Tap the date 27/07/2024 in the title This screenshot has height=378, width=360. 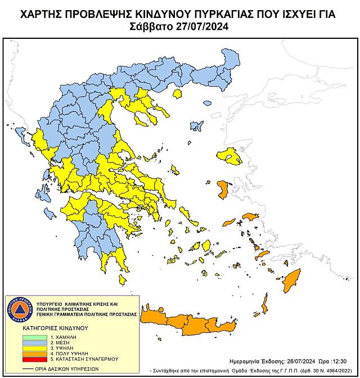point(201,26)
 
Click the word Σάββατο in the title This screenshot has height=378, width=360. point(151,26)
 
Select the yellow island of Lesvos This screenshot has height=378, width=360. point(228,154)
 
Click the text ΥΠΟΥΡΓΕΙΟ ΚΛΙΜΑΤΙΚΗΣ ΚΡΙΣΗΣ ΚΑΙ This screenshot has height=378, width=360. point(76,303)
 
